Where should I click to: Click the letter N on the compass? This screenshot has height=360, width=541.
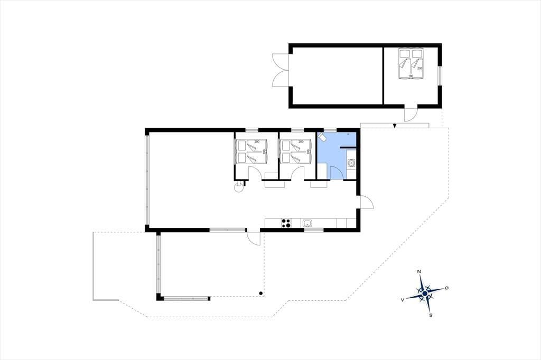point(419,272)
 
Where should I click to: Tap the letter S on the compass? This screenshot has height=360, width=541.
point(431,315)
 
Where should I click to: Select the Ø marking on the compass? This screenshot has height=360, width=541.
point(447,288)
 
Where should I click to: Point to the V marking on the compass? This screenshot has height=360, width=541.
point(402,300)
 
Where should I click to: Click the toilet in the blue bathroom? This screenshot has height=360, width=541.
point(322,137)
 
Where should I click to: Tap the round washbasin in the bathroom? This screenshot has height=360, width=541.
point(351,163)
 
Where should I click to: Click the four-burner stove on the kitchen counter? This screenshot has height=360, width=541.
point(286,223)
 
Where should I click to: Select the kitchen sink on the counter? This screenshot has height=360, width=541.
point(307,223)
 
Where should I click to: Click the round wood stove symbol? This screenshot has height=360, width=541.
point(238,187)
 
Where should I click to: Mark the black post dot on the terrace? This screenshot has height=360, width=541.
point(261,293)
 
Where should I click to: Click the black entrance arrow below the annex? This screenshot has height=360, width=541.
point(394,126)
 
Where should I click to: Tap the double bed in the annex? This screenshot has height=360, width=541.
point(411,63)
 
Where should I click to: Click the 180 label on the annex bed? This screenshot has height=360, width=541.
point(411,76)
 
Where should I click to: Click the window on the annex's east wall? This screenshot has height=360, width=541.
point(440,75)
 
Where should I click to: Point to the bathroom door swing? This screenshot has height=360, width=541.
point(336,173)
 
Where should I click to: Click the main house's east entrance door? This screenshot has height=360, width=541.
point(367,202)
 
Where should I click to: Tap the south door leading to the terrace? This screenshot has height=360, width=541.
point(254,237)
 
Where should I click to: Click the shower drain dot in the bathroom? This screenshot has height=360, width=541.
point(348,134)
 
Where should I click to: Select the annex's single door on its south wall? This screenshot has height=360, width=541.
point(411,114)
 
